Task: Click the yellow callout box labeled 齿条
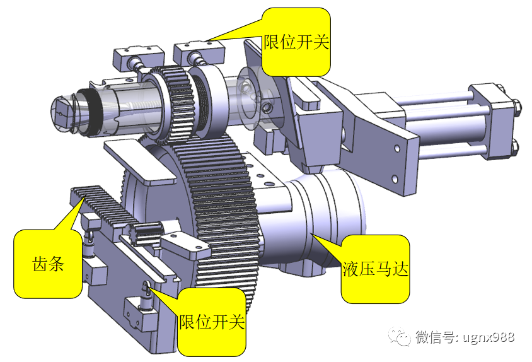[48, 264]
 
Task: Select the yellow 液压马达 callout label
[375, 269]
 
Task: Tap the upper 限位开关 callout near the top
[297, 42]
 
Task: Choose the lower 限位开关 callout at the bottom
[211, 322]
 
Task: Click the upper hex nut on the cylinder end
[515, 108]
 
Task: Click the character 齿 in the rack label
[39, 264]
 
